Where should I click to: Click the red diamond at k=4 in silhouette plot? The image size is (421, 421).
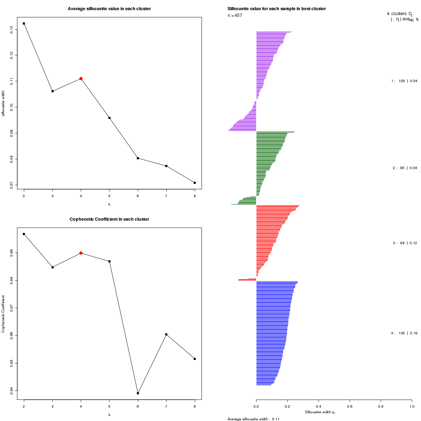click(81, 79)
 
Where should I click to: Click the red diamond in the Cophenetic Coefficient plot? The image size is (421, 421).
click(81, 253)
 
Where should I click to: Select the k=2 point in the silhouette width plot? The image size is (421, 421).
click(24, 24)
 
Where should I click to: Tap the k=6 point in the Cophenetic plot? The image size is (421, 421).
click(138, 393)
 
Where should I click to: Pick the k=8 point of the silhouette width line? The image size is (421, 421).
click(195, 183)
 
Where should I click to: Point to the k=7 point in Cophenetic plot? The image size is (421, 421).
click(166, 334)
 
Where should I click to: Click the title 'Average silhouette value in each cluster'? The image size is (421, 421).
click(109, 9)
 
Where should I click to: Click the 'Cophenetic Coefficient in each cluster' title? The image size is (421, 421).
click(109, 219)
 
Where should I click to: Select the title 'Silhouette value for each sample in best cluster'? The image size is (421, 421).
click(276, 9)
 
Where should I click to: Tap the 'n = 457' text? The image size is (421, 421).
click(235, 15)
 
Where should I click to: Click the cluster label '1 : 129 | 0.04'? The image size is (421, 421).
click(404, 81)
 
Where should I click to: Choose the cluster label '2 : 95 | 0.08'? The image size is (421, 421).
click(405, 168)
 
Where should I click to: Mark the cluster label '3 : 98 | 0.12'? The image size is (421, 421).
click(405, 243)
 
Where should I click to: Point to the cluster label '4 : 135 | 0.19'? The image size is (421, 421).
click(404, 333)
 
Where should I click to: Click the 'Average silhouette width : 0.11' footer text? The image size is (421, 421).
click(253, 419)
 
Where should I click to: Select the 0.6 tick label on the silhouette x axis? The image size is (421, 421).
click(349, 406)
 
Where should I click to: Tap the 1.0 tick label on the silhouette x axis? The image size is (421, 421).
click(412, 406)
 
